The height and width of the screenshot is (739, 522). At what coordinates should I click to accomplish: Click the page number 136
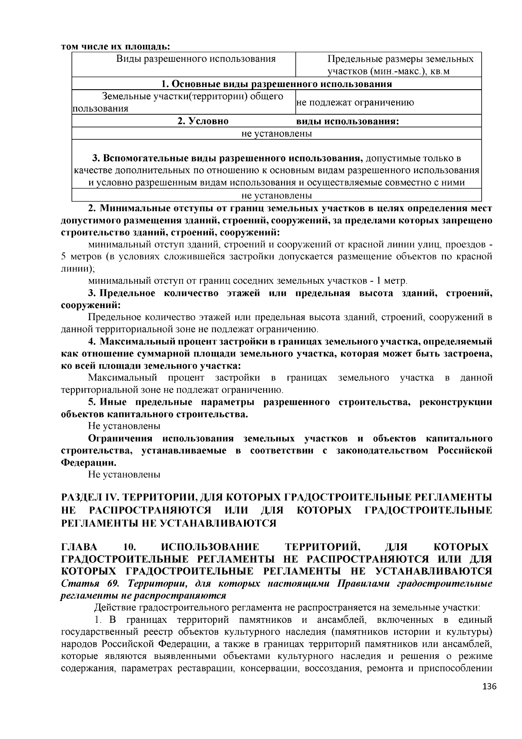pos(489,686)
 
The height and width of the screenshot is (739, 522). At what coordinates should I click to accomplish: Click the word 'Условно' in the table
pos(203,121)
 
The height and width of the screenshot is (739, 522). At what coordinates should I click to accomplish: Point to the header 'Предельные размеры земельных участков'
pos(400,65)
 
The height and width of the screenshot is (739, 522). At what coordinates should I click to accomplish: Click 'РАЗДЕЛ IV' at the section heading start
pos(85,497)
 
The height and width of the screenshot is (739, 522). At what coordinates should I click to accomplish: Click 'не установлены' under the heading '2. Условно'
pos(277,134)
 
